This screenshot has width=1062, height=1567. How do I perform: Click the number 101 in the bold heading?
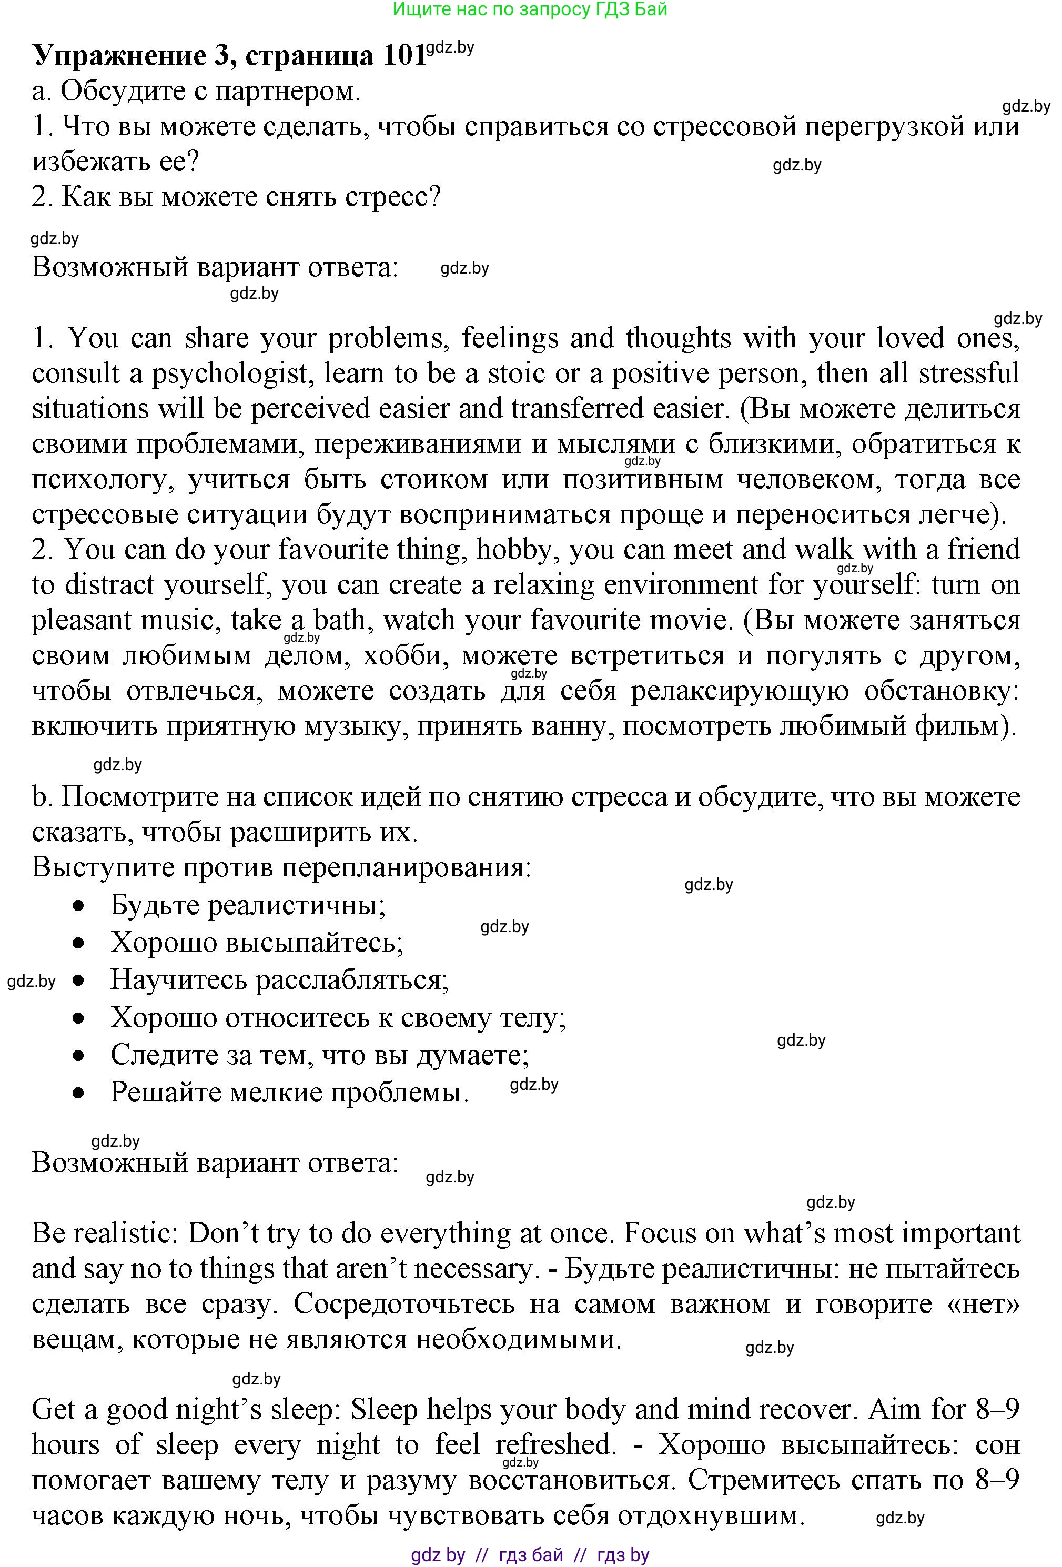point(404,55)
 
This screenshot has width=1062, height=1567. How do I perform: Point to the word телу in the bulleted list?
point(532,1017)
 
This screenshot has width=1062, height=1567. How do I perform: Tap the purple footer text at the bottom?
point(530,1555)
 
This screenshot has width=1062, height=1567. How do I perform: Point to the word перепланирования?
point(407,868)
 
